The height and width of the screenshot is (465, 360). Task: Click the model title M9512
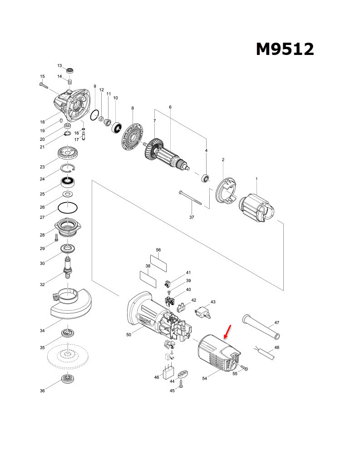285,49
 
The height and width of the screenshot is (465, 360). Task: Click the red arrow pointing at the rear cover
228,332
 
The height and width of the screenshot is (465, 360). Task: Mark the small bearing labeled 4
206,178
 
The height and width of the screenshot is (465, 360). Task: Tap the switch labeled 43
202,313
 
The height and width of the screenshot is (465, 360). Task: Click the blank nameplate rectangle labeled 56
158,262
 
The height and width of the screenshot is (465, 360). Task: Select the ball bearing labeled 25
68,183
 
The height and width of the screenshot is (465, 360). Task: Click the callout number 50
128,335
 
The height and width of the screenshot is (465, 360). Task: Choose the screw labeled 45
181,386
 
